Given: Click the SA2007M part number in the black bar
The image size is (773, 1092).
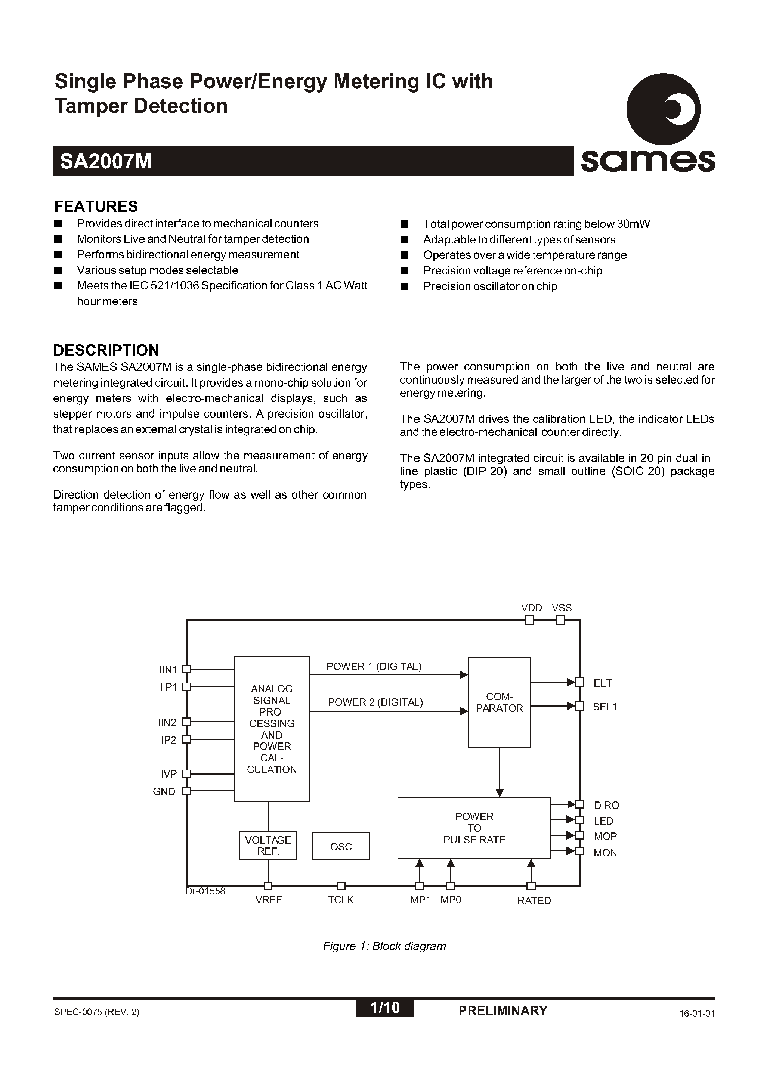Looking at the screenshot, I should click(106, 162).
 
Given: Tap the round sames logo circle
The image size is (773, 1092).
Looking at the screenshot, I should click(663, 109).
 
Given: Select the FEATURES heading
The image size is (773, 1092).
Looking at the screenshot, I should click(96, 207).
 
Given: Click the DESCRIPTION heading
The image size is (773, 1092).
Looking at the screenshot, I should click(106, 350).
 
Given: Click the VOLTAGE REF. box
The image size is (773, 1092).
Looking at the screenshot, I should click(268, 846).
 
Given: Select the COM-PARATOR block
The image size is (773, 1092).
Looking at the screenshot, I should click(499, 702).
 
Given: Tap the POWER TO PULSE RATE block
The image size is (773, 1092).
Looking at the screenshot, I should click(474, 828).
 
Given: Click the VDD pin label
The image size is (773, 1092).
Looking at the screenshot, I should click(531, 608).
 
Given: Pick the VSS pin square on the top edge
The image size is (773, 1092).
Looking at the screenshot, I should click(561, 620).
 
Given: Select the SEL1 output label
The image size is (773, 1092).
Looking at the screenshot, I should click(605, 707).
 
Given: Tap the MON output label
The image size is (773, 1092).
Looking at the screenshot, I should click(605, 853).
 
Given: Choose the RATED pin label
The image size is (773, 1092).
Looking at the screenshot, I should click(534, 901).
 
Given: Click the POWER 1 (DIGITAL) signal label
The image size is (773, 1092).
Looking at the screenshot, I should click(374, 667).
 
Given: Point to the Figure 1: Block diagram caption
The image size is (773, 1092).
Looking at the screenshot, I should click(384, 946).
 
